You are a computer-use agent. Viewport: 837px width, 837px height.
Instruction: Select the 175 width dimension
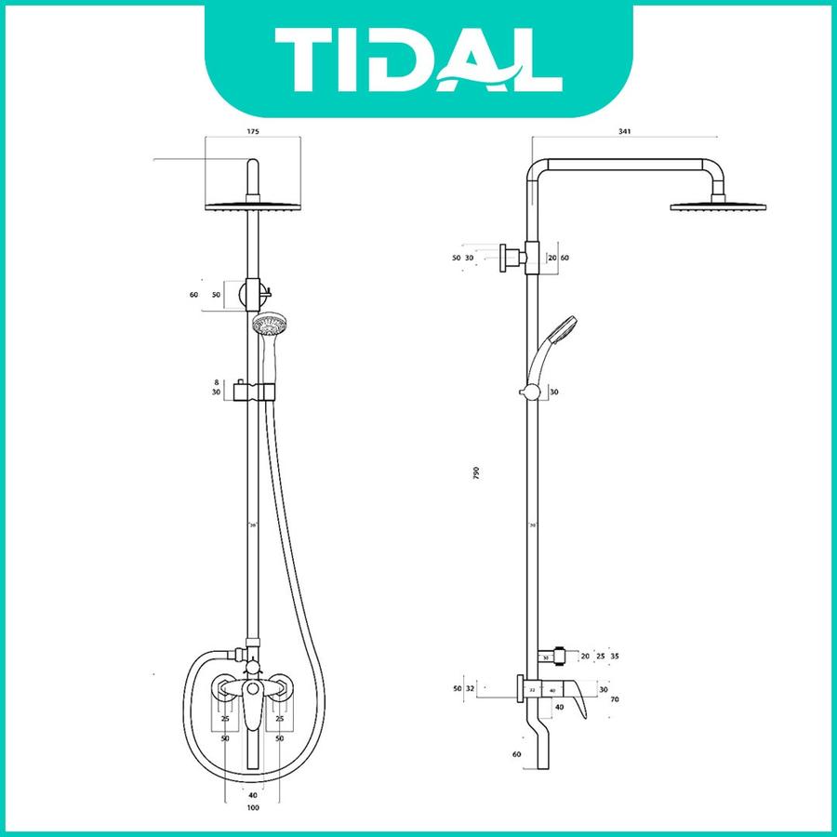(253, 131)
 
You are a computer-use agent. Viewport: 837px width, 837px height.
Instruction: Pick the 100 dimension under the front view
(253, 807)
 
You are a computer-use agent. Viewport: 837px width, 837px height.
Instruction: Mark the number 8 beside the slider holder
(217, 381)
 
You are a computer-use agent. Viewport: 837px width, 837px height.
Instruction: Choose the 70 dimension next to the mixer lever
(615, 697)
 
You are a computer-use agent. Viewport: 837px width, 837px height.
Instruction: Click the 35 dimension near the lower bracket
(615, 657)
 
